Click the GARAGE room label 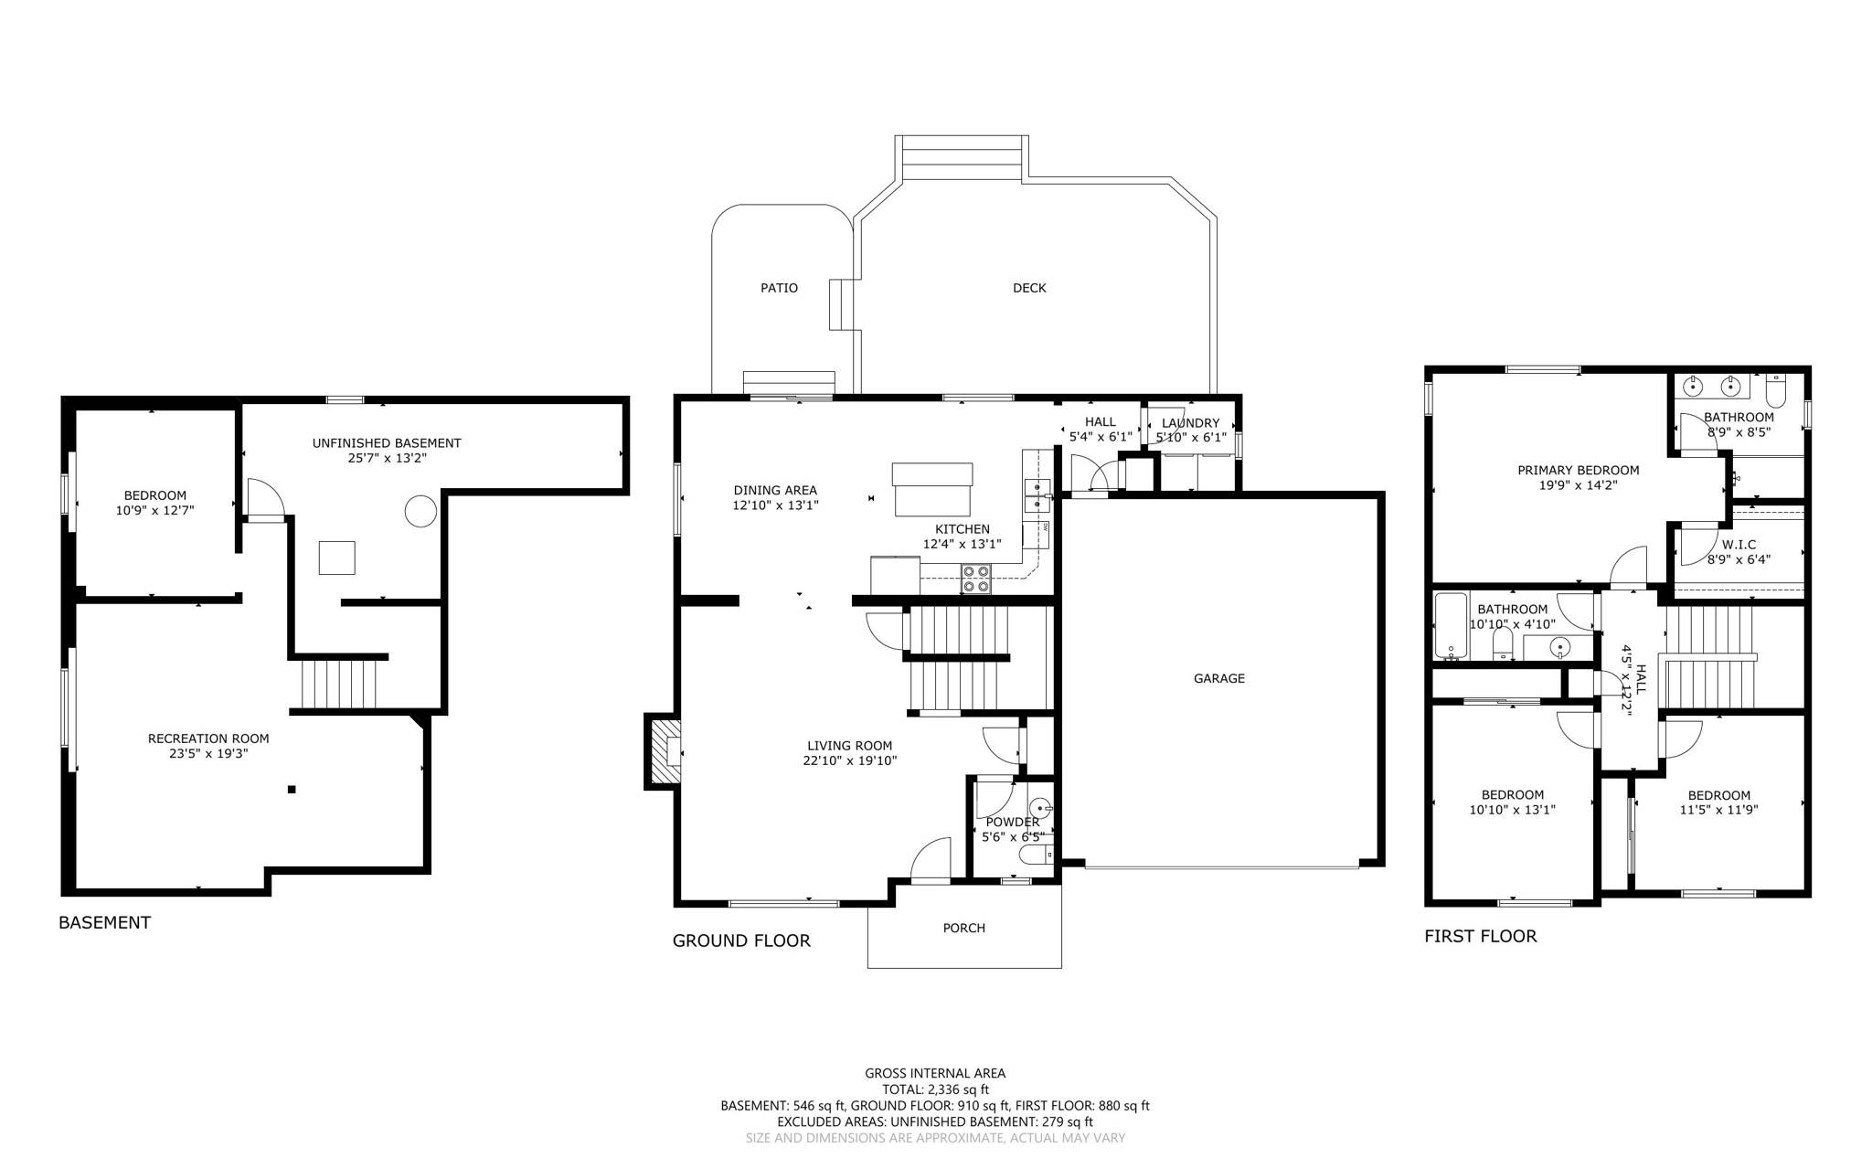pos(1218,678)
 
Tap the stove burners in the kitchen pos(975,579)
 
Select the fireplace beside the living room pos(664,750)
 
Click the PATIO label pos(779,288)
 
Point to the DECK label pos(1029,288)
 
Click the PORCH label pos(963,928)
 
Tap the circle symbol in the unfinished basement pos(420,511)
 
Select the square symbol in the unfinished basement pos(336,558)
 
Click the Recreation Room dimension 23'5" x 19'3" pos(208,754)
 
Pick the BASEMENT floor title pos(104,922)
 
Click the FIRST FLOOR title pos(1480,936)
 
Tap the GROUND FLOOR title pos(741,941)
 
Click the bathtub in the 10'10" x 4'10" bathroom pos(1451,626)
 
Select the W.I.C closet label pos(1739,545)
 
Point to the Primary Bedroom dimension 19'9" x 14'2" pos(1578,485)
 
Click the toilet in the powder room pos(1036,855)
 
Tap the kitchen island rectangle pos(932,489)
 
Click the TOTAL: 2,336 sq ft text pos(935,1089)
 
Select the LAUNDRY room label pos(1190,422)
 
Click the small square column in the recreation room pos(292,789)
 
